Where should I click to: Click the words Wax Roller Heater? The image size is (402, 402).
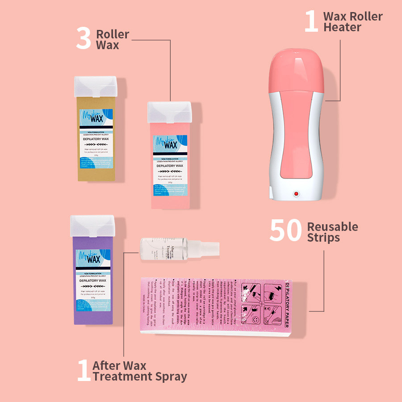point(353,22)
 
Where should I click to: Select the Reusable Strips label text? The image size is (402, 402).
point(332,232)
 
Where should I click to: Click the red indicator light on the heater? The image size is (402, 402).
point(295,194)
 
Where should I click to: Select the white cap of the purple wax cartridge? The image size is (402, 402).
point(92,226)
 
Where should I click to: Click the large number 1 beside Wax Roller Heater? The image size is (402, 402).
point(311,21)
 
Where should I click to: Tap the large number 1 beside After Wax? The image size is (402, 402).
point(84,371)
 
